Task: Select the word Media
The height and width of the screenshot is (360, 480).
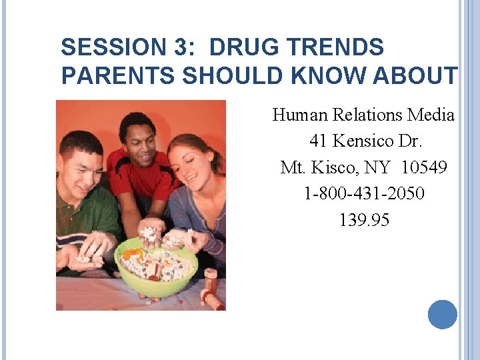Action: pos(431,115)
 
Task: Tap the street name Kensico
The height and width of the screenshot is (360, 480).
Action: pos(365,141)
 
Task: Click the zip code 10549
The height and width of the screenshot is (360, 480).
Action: pos(425,167)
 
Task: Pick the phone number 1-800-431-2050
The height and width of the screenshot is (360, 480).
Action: pos(364,193)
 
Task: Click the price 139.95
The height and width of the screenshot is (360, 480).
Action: pos(364,219)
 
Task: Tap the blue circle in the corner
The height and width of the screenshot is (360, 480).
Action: pos(443,314)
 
